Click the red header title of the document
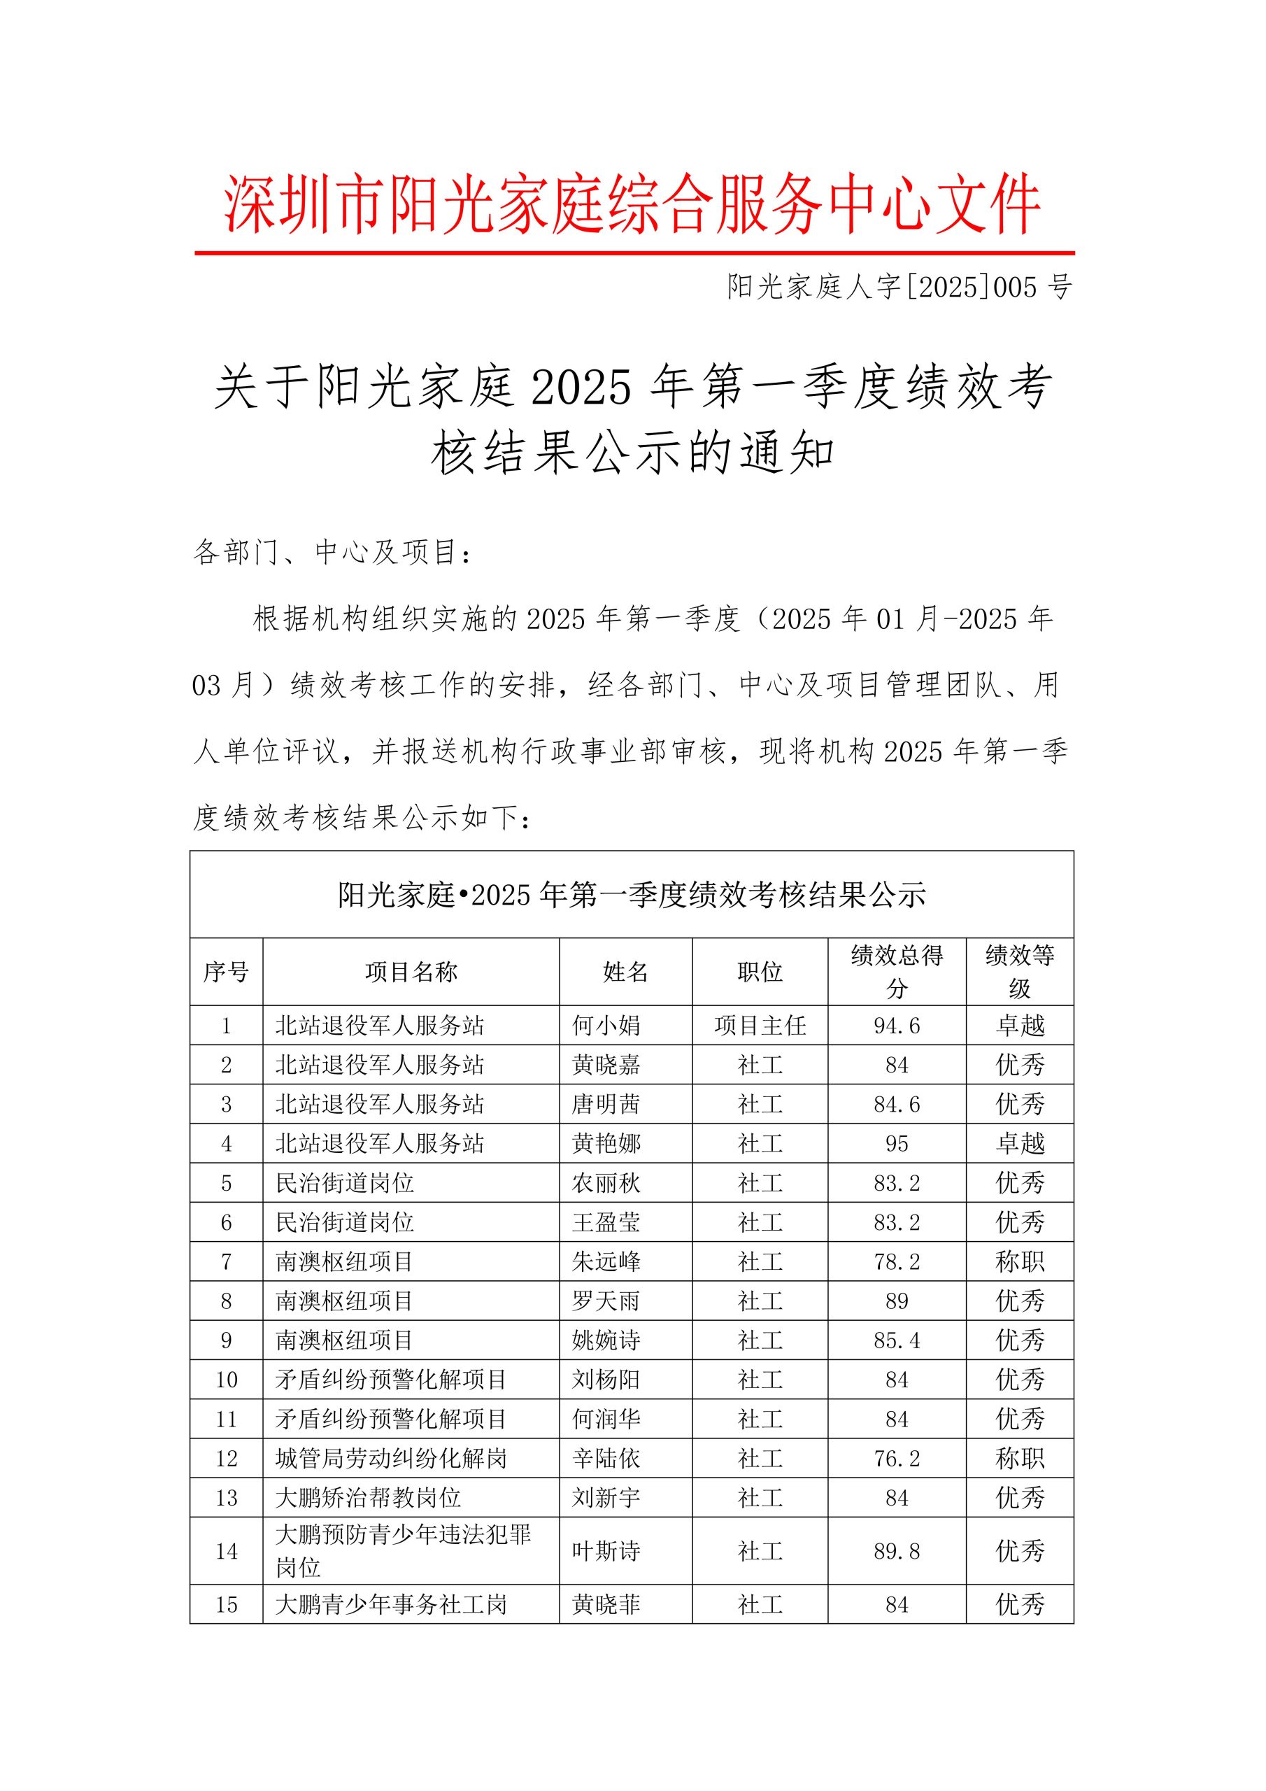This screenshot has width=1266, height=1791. pos(632,204)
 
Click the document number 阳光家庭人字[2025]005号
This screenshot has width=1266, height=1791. pos(899,287)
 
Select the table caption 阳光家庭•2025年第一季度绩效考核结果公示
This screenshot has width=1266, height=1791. pos(632,895)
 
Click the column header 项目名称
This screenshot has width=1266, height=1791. pos(411,972)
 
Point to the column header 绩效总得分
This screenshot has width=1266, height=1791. pos(897,972)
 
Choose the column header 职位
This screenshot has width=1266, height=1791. pos(760,972)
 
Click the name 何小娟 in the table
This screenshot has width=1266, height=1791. pos(606,1025)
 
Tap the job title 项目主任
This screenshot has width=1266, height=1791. pos(760,1025)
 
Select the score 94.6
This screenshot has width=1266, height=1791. pos(897,1025)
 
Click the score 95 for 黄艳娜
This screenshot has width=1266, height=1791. pos(897,1144)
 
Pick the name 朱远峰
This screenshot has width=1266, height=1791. pos(606,1262)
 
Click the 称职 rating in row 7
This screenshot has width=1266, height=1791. pos(1020,1262)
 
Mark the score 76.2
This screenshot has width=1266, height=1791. pos(897,1459)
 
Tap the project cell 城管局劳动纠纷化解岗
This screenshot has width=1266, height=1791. pos(392,1459)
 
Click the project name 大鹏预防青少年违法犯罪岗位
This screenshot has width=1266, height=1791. pos(402,1551)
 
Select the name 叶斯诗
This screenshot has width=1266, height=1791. pos(606,1552)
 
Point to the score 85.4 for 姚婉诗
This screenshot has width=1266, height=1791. pos(897,1341)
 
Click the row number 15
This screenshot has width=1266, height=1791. pos(226,1605)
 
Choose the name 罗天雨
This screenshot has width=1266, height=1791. pos(606,1301)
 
